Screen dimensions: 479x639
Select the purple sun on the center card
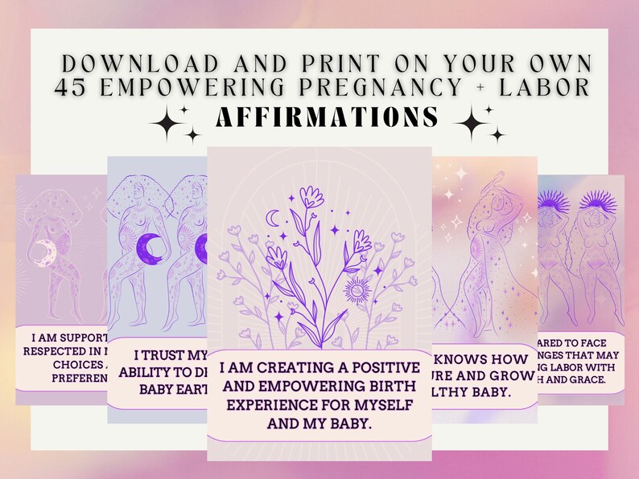click(x=354, y=286)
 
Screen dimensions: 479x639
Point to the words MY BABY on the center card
click(x=340, y=423)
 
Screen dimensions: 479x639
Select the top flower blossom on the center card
click(x=311, y=197)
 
